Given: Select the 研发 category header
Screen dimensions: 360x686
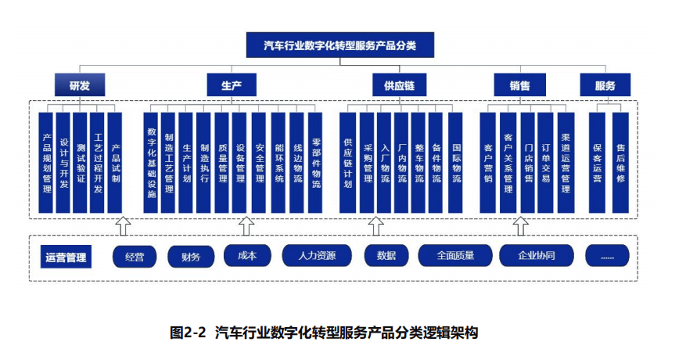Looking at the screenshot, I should [x=79, y=85].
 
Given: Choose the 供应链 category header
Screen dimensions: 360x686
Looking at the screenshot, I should [x=398, y=85].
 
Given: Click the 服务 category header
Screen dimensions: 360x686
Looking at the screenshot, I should [x=605, y=85].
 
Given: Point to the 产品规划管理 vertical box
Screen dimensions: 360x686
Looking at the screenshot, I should [x=47, y=163].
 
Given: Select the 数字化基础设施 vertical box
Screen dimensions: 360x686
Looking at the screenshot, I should [x=152, y=163].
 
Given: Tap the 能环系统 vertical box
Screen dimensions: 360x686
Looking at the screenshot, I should [x=278, y=163].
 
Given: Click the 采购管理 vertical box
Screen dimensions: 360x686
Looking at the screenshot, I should [x=368, y=163].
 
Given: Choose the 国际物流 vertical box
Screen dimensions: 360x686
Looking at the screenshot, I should [x=457, y=163].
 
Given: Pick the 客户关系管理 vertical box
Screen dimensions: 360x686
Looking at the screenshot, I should [x=508, y=163].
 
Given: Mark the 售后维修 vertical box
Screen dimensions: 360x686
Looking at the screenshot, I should [x=620, y=163].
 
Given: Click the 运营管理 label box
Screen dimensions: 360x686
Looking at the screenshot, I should [x=65, y=256].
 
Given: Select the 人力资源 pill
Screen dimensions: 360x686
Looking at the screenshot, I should [x=311, y=256].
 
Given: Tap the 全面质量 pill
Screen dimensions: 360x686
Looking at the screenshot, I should [x=454, y=256].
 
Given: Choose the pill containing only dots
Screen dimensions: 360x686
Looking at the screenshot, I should [x=608, y=256].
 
